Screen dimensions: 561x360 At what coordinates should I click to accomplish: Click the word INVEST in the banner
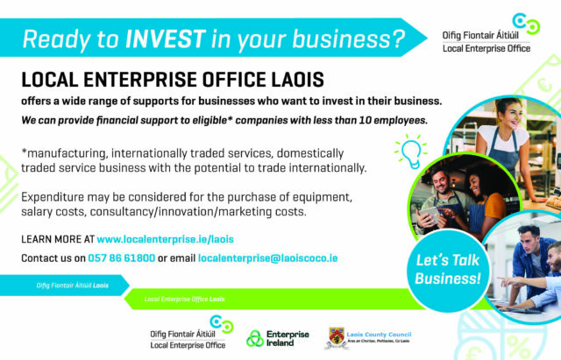[166, 39]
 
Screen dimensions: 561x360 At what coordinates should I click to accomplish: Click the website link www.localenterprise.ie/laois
[166, 239]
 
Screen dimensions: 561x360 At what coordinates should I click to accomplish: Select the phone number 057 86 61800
[122, 258]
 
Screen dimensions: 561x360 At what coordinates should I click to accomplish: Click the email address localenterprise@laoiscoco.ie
[267, 258]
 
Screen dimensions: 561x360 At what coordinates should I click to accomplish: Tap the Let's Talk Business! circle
[448, 271]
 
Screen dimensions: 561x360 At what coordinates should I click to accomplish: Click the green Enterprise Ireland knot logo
[255, 339]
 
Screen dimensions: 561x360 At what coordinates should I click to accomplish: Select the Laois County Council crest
[337, 337]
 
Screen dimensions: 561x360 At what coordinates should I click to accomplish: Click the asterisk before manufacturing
[24, 152]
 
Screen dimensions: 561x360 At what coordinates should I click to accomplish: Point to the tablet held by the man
[429, 215]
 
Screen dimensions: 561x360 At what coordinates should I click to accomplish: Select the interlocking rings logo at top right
[526, 24]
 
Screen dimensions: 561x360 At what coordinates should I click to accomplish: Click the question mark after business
[397, 39]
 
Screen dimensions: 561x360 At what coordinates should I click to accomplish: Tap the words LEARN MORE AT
[58, 239]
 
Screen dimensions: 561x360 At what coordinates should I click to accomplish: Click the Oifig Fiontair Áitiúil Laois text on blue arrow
[72, 286]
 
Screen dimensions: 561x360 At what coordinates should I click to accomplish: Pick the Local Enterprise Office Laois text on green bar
[184, 299]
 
